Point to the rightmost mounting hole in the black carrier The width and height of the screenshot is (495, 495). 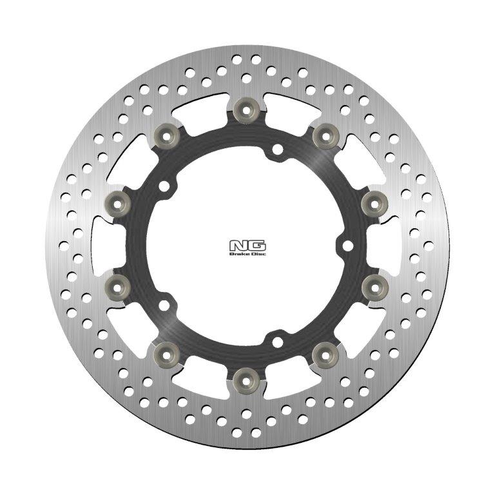pyautogui.click(x=347, y=245)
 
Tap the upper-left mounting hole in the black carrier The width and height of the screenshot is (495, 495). pyautogui.click(x=165, y=187)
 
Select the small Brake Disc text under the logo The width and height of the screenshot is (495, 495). pyautogui.click(x=247, y=254)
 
